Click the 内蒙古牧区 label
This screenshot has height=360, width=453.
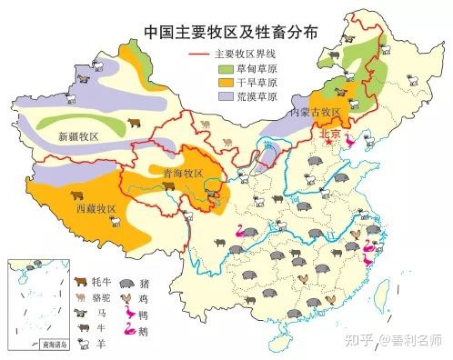coord(313,113)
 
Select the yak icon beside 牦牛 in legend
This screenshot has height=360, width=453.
coord(81,281)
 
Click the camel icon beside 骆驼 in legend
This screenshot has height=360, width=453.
coord(81,296)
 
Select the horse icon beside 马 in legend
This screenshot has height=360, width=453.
coord(81,312)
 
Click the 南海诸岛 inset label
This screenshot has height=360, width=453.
coord(38,345)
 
